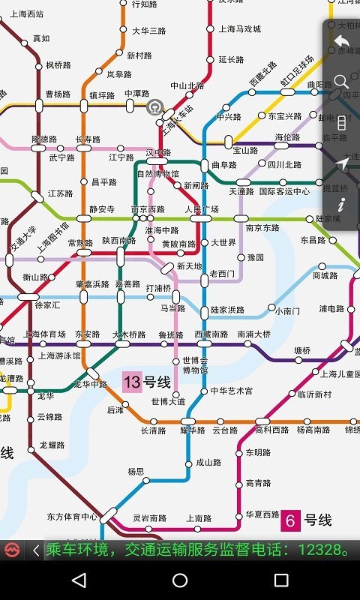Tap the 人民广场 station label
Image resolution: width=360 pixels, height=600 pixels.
(202, 209)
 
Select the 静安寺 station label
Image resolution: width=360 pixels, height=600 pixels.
(102, 209)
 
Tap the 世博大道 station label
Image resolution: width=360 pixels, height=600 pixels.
(168, 401)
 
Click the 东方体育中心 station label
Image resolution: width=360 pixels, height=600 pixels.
(72, 517)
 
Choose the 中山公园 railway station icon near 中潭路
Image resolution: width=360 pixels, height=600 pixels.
(155, 106)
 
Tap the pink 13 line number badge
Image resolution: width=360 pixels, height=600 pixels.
(132, 382)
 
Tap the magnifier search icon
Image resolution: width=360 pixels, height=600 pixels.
(342, 81)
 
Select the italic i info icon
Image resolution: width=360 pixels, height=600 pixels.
(342, 204)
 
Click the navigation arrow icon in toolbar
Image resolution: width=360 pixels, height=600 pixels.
(342, 163)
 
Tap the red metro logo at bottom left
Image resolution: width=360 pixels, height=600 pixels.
(12, 550)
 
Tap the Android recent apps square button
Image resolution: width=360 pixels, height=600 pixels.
(281, 580)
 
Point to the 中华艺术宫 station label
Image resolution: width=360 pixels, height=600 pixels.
(231, 391)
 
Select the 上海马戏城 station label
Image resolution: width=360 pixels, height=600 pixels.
(240, 29)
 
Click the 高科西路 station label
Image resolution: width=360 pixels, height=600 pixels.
(271, 430)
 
